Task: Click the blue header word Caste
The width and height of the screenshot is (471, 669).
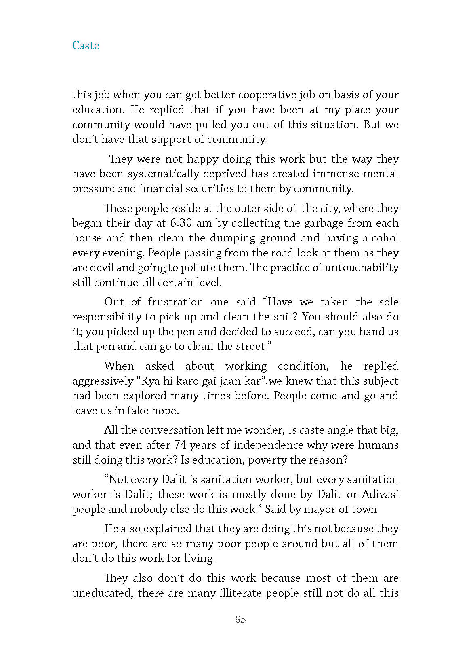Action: [x=86, y=45]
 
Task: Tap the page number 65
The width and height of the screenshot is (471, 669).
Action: [x=240, y=619]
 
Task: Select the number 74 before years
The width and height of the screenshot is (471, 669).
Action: [x=180, y=445]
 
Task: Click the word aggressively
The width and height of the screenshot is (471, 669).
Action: [x=103, y=381]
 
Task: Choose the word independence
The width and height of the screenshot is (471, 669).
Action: [x=268, y=445]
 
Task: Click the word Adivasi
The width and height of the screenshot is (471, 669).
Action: [x=380, y=494]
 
